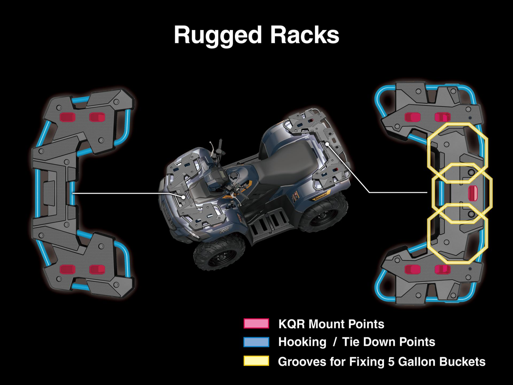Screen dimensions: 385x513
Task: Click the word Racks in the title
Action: tap(305, 35)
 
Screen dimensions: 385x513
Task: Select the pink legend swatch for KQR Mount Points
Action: tap(256, 324)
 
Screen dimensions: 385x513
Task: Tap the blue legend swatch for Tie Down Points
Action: tap(256, 342)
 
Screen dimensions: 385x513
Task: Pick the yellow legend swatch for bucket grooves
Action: tap(256, 361)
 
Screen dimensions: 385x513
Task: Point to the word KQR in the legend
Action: tap(292, 324)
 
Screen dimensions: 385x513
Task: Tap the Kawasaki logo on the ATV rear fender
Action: tap(321, 198)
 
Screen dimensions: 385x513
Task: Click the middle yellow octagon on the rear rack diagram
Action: tap(462, 193)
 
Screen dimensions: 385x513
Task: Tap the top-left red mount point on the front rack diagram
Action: tap(67, 117)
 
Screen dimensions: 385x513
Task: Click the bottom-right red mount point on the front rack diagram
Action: tap(97, 269)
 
